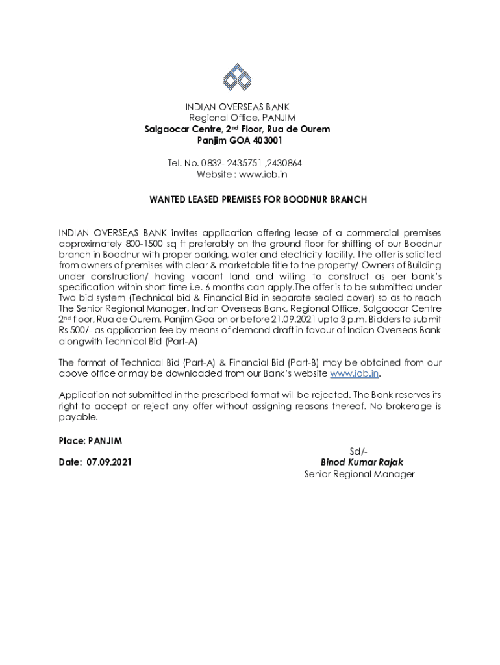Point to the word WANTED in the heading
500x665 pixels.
(x=168, y=199)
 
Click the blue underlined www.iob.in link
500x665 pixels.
(x=355, y=373)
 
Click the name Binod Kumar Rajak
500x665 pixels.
(x=362, y=462)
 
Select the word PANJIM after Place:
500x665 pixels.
(x=105, y=441)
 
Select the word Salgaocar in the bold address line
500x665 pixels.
(x=166, y=129)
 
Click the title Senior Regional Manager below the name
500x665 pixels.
(x=359, y=474)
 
